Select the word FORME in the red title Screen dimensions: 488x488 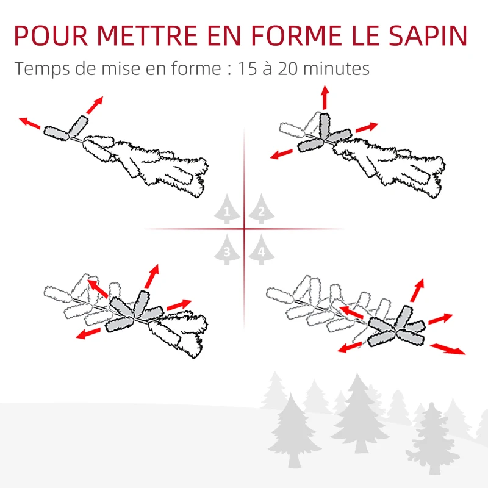click(300, 36)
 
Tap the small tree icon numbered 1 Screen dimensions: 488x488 click(228, 211)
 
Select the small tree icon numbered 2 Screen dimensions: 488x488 click(260, 211)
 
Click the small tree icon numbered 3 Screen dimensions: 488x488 click(228, 250)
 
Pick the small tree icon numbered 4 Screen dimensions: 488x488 click(261, 250)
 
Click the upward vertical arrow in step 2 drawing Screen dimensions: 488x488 click(325, 98)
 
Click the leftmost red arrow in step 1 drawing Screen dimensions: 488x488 click(29, 123)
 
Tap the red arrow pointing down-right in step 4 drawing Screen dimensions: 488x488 click(448, 349)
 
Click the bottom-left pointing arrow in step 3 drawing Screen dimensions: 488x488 click(89, 333)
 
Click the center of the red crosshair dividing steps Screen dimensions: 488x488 click(244, 229)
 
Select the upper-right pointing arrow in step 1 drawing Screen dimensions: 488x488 click(95, 105)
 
